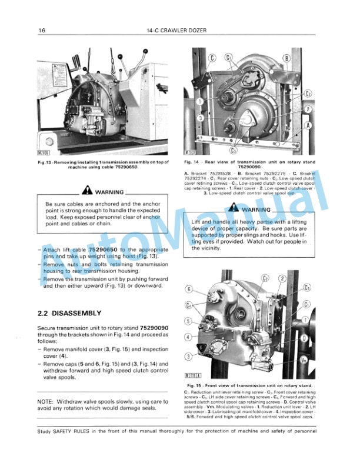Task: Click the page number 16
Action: pos(42,30)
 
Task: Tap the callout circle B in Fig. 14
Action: pos(286,58)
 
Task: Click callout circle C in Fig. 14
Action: pos(212,58)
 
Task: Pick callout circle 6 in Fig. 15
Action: pos(189,289)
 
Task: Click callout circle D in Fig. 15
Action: pos(304,338)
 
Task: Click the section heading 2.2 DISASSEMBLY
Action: pos(69,313)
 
